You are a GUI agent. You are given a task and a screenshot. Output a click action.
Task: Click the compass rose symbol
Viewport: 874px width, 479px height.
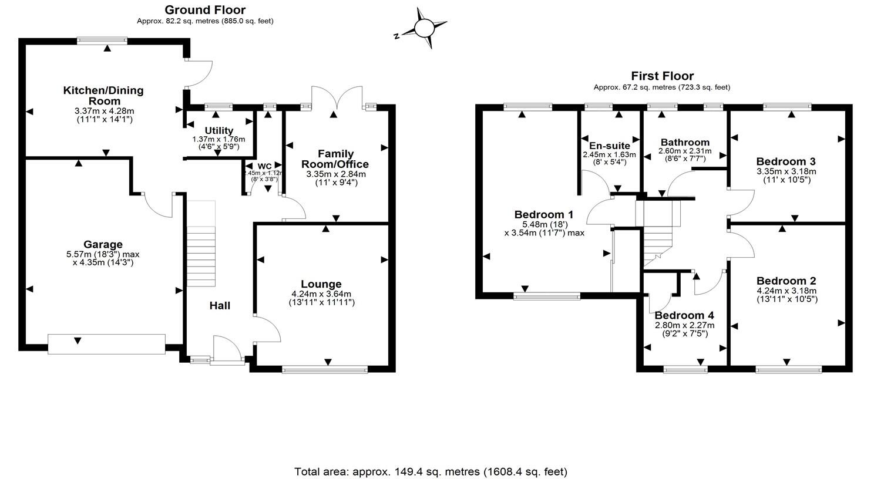coord(422,28)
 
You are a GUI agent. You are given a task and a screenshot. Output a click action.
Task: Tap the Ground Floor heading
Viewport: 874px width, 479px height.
coord(205,10)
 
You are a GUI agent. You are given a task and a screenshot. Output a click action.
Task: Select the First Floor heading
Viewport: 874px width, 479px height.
coord(662,76)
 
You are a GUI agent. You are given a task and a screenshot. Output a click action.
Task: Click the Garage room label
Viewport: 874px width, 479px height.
coord(103,245)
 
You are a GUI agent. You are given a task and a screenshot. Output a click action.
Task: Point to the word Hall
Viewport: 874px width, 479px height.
coord(220,306)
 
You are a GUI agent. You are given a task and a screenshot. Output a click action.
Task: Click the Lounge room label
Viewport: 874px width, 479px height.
coord(321,285)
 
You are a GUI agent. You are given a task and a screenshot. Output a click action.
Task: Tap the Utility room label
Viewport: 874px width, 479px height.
coord(219,130)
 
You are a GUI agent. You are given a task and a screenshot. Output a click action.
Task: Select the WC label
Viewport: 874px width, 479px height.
coord(264,166)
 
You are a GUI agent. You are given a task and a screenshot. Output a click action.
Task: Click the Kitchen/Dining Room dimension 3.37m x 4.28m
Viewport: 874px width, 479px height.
coord(104,111)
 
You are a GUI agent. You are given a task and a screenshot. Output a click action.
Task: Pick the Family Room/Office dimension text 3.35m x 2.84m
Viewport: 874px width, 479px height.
coord(336,174)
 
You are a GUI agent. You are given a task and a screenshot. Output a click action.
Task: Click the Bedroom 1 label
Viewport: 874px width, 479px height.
coord(543,215)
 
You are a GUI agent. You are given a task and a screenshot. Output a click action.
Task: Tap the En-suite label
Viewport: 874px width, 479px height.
coord(610,146)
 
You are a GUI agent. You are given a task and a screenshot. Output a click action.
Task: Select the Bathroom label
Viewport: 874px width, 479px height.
coord(685,143)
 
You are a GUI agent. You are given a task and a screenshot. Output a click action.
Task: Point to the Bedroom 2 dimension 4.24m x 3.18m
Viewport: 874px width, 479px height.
coord(786,291)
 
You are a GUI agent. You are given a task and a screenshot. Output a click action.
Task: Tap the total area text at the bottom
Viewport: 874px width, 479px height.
coord(431,471)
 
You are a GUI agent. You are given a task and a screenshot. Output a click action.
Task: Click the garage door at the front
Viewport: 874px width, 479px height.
coord(106,344)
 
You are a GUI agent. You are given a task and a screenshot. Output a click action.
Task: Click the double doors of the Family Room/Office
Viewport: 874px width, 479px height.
coord(336,99)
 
